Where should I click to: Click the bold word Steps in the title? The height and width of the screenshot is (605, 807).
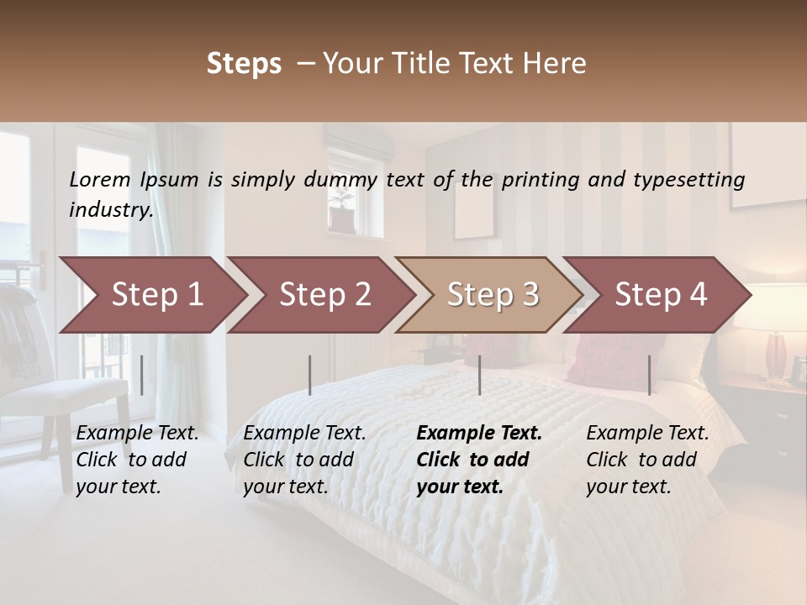(x=244, y=64)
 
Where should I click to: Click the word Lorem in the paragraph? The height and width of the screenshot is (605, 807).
(x=100, y=180)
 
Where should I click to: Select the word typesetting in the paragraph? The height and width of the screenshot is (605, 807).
(x=688, y=180)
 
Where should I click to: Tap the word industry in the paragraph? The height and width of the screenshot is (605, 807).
(x=111, y=210)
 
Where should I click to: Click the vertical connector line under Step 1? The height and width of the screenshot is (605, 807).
(x=142, y=375)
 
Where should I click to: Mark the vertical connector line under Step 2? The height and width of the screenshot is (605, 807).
(x=310, y=375)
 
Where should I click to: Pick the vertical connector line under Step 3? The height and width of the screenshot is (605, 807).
(x=480, y=375)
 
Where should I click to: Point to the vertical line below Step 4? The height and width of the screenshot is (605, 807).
(x=649, y=375)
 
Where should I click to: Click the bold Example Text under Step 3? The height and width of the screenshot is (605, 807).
(x=479, y=434)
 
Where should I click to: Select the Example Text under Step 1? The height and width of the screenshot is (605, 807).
(x=137, y=434)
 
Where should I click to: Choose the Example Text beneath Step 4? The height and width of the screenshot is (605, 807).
(x=647, y=434)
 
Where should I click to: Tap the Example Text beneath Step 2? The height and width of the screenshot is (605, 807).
(x=304, y=434)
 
